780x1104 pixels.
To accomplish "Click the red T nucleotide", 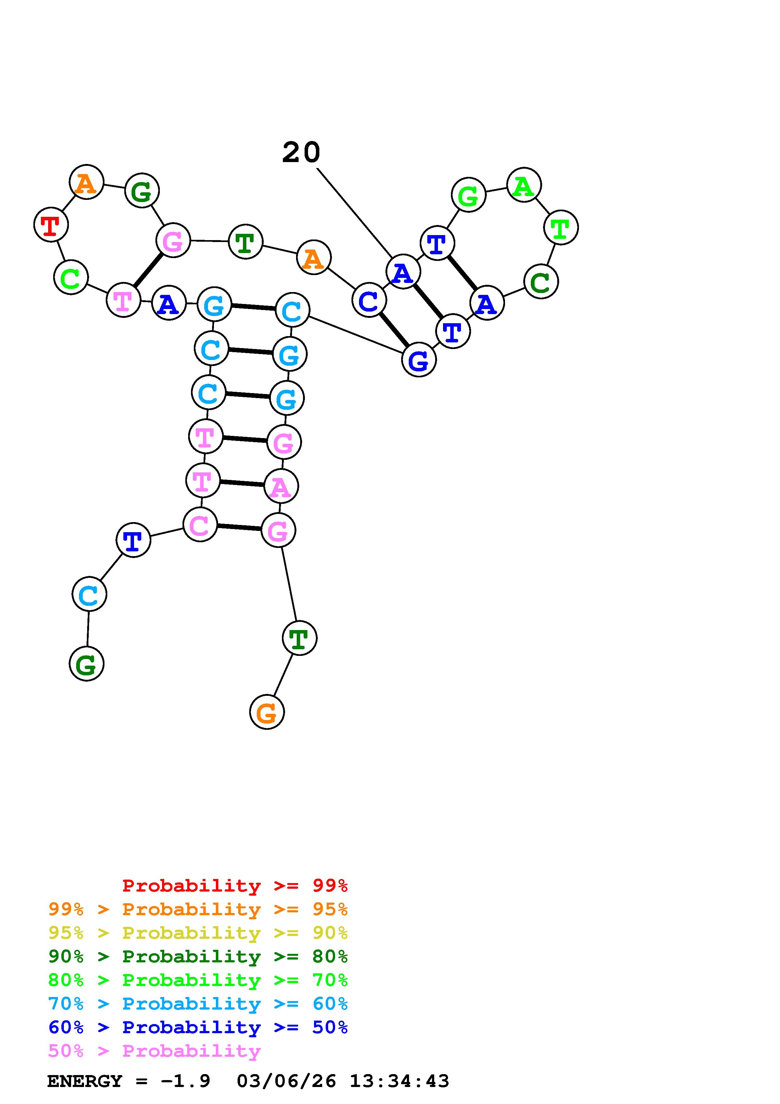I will pyautogui.click(x=51, y=225).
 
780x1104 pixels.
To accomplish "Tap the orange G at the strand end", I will pyautogui.click(x=267, y=712).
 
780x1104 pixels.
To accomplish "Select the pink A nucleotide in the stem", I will pyautogui.click(x=281, y=486).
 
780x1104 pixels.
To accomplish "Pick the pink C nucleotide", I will pyautogui.click(x=200, y=525).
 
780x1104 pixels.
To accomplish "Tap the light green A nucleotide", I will pyautogui.click(x=524, y=185).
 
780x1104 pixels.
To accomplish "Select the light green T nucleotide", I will pyautogui.click(x=561, y=228).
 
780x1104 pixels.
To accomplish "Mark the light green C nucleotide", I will pyautogui.click(x=71, y=278).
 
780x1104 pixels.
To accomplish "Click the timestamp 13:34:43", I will pyautogui.click(x=399, y=1081).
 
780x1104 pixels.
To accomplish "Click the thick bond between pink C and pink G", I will pyautogui.click(x=239, y=527).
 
